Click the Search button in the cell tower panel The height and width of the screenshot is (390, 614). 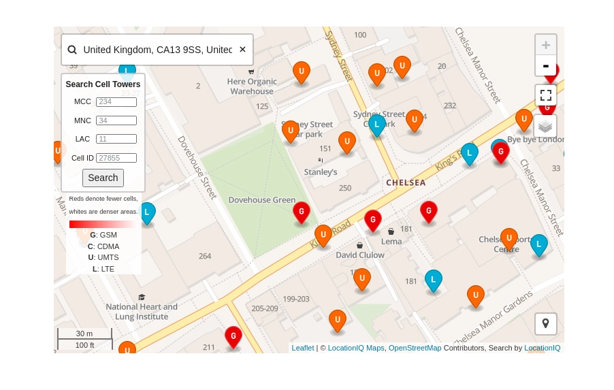[x=103, y=178]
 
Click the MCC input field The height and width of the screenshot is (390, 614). [x=116, y=102]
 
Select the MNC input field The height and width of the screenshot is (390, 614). [x=116, y=120]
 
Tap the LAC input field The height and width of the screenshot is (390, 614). [x=116, y=139]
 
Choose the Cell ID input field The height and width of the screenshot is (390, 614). [x=116, y=158]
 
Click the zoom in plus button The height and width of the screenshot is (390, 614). [x=545, y=46]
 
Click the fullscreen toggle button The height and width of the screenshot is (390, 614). [x=545, y=95]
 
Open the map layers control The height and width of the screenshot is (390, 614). [x=545, y=126]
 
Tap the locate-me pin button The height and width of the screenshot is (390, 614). [x=545, y=323]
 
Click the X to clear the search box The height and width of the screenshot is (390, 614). [x=242, y=50]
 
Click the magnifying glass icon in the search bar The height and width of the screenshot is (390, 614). [x=72, y=50]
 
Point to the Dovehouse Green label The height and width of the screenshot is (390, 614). [x=262, y=200]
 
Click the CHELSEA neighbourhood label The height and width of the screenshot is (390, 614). [x=406, y=182]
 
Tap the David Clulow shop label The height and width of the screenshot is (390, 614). [x=360, y=255]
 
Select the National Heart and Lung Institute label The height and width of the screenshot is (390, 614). [x=142, y=312]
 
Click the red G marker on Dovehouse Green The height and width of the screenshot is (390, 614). [x=302, y=212]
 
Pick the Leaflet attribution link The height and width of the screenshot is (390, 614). [x=303, y=348]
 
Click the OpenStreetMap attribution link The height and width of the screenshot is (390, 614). [x=415, y=348]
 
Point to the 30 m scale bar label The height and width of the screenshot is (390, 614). [x=84, y=334]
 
